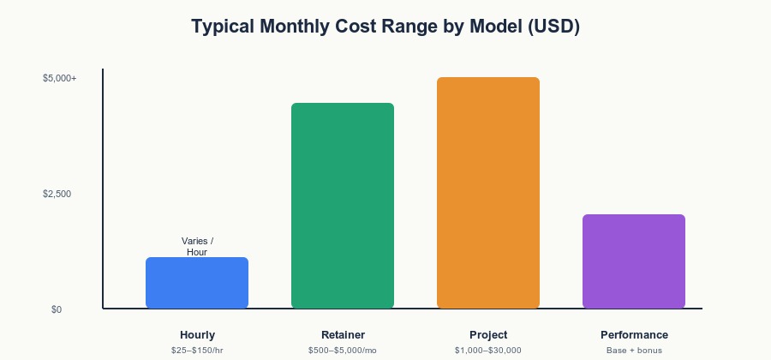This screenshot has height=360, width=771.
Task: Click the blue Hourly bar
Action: [197, 283]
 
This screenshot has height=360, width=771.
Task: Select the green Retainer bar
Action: [343, 206]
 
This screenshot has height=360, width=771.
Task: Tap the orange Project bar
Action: [488, 193]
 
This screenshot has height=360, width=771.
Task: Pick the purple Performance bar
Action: [634, 261]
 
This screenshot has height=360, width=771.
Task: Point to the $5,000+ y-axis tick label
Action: [59, 78]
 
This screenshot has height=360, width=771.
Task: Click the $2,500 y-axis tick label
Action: [57, 195]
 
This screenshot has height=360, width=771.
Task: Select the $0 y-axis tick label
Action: [57, 309]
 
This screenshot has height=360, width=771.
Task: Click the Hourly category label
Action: [197, 335]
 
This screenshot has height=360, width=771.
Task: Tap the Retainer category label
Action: [343, 335]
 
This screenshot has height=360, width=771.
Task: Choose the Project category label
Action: [488, 335]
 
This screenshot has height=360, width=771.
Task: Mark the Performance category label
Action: [634, 335]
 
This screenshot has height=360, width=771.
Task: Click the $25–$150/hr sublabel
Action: [197, 351]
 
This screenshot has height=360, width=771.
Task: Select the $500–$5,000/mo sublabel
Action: [343, 351]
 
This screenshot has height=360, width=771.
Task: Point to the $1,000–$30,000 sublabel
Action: [488, 351]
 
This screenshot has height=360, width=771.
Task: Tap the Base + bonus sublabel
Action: [634, 351]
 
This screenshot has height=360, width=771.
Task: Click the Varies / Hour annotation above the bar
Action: [197, 246]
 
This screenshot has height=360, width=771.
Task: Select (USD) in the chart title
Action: [553, 27]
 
